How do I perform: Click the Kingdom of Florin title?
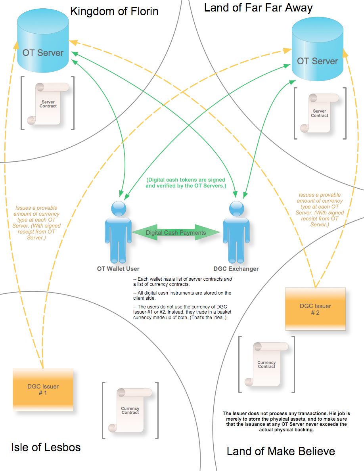pyautogui.click(x=114, y=11)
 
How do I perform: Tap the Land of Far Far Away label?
pyautogui.click(x=258, y=8)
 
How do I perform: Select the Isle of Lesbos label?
pyautogui.click(x=46, y=448)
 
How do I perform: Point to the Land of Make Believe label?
pyautogui.click(x=281, y=451)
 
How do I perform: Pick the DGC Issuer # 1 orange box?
pyautogui.click(x=43, y=389)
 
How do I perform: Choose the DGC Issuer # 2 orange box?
pyautogui.click(x=315, y=309)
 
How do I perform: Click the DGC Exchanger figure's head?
pyautogui.click(x=237, y=208)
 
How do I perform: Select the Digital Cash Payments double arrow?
pyautogui.click(x=176, y=233)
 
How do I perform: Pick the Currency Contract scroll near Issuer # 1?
pyautogui.click(x=130, y=410)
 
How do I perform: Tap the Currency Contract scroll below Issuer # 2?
pyautogui.click(x=266, y=364)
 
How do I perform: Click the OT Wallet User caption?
pyautogui.click(x=118, y=269)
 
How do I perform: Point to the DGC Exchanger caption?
pyautogui.click(x=236, y=269)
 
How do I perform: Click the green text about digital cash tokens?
pyautogui.click(x=186, y=183)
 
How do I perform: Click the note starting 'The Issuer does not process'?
pyautogui.click(x=286, y=421)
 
